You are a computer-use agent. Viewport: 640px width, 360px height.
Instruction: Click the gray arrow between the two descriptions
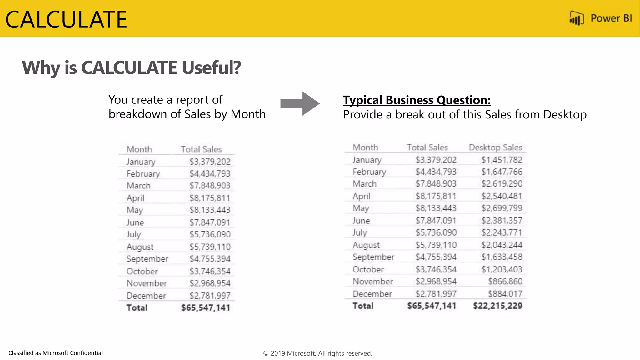click(299, 103)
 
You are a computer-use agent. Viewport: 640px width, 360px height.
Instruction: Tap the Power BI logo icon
click(577, 18)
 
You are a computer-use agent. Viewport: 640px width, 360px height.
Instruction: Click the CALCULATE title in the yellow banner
click(66, 20)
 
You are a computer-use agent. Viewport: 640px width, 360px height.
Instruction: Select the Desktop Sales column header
click(495, 147)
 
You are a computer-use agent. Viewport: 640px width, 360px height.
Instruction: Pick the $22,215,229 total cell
click(497, 306)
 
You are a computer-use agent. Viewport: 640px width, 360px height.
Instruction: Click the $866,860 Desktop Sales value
click(505, 281)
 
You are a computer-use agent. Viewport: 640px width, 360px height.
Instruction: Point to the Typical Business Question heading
click(417, 100)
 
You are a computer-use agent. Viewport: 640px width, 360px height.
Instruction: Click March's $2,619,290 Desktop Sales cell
click(502, 184)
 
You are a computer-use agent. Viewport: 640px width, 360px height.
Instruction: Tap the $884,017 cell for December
click(505, 294)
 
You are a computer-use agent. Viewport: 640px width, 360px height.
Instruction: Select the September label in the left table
click(147, 259)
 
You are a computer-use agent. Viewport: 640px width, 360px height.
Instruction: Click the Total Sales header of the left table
click(201, 149)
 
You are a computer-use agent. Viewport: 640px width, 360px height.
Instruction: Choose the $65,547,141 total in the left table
click(206, 307)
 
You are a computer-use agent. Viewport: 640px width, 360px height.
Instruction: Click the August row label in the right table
click(366, 245)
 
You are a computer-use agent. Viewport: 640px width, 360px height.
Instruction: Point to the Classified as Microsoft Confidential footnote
click(56, 353)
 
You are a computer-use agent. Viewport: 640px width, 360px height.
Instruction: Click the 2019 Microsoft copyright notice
click(317, 353)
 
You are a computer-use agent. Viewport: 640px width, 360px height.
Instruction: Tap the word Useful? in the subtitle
click(211, 67)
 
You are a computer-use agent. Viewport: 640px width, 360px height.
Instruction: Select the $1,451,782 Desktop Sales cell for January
click(502, 160)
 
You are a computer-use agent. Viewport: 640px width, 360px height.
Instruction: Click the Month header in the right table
click(365, 147)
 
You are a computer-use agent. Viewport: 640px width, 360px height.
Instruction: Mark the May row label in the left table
click(135, 210)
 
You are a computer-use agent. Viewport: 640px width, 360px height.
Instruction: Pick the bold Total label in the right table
click(363, 306)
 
